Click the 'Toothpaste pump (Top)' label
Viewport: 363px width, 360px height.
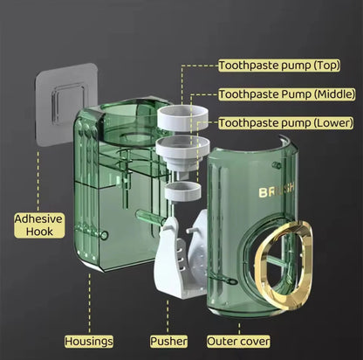279,66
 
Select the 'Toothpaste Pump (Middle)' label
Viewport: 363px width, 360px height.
287,94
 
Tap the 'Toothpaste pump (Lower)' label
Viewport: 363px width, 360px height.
286,123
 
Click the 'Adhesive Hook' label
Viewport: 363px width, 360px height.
39,225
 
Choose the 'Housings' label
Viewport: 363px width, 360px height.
89,342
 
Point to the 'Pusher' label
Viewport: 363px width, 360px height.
168,342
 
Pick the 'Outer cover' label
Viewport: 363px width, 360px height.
238,342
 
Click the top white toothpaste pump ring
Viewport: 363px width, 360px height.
182,118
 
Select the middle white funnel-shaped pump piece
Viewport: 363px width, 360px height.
182,155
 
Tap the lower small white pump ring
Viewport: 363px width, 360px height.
182,191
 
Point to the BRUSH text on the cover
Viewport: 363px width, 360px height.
277,190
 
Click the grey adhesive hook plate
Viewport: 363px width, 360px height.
66,103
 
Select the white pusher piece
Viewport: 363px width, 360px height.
181,256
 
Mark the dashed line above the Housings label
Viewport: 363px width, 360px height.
89,303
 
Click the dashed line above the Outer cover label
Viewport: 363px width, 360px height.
239,329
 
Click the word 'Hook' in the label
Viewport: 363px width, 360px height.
39,232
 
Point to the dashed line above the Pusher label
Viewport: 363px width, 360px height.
168,317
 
